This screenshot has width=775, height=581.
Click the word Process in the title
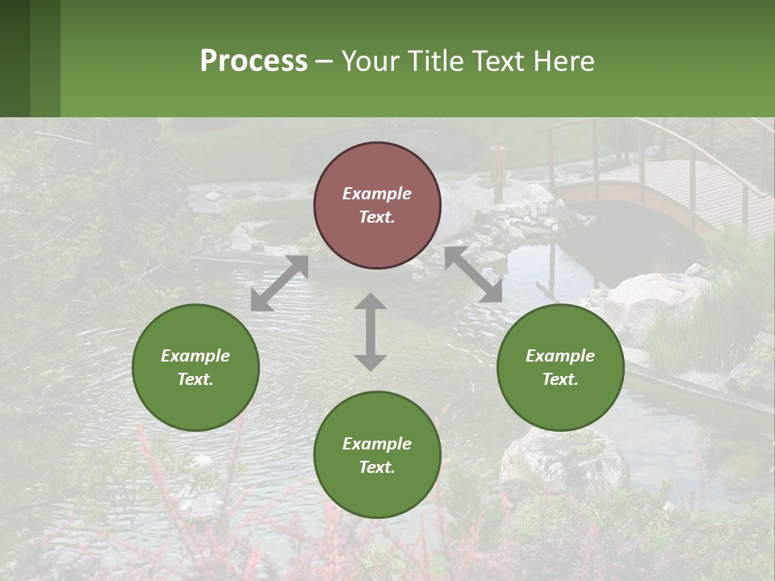click(x=253, y=61)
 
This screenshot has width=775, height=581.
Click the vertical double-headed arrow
click(x=371, y=332)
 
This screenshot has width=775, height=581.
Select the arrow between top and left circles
click(x=279, y=283)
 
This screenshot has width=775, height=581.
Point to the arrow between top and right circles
click(x=473, y=275)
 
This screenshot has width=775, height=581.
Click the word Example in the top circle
click(x=377, y=194)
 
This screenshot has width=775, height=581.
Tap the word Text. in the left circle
click(x=195, y=379)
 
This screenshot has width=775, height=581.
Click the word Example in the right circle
click(x=560, y=356)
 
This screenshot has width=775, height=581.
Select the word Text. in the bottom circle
click(x=377, y=467)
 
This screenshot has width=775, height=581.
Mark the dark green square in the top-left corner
click(x=15, y=58)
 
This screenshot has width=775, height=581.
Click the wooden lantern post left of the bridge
click(x=497, y=169)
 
